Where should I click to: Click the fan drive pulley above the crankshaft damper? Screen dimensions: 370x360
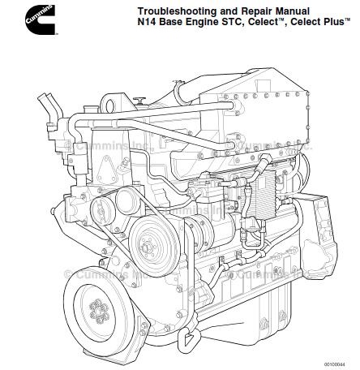tap(150, 236)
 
